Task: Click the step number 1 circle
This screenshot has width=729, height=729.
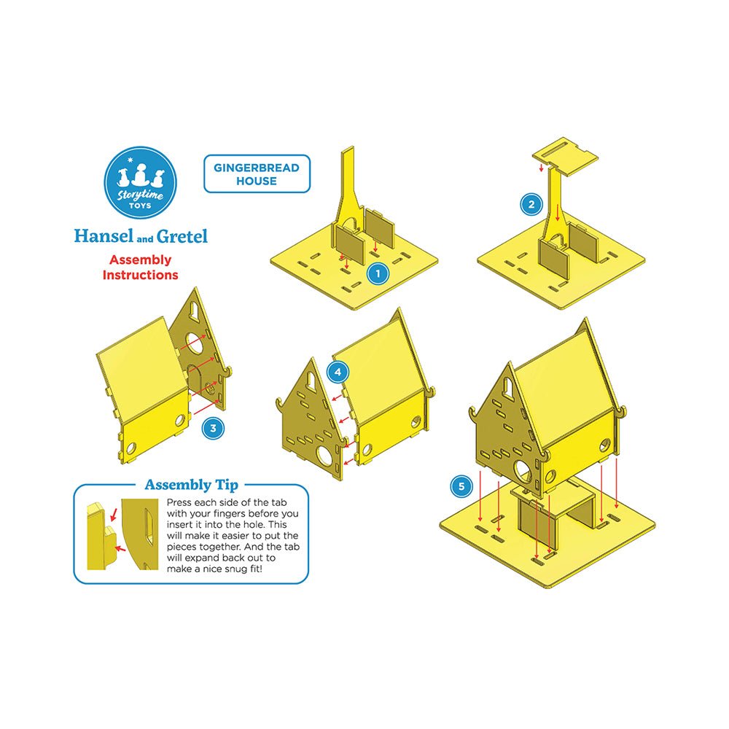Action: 378,273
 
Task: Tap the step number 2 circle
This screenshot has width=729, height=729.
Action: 531,204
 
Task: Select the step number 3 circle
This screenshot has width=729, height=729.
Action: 213,428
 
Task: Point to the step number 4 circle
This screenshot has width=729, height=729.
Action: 338,372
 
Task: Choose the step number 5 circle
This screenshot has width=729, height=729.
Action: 461,486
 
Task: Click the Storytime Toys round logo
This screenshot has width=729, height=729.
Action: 141,183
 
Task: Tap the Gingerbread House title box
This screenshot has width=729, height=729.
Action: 257,174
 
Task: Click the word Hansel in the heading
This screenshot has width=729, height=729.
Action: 104,236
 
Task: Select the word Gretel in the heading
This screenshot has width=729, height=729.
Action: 182,236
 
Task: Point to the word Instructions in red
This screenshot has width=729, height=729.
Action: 141,275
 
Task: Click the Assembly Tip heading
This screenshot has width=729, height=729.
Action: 192,485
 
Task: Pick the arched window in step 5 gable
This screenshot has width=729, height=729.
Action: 509,386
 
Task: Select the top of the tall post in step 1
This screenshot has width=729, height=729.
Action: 348,149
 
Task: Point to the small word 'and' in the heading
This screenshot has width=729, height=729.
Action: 145,239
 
